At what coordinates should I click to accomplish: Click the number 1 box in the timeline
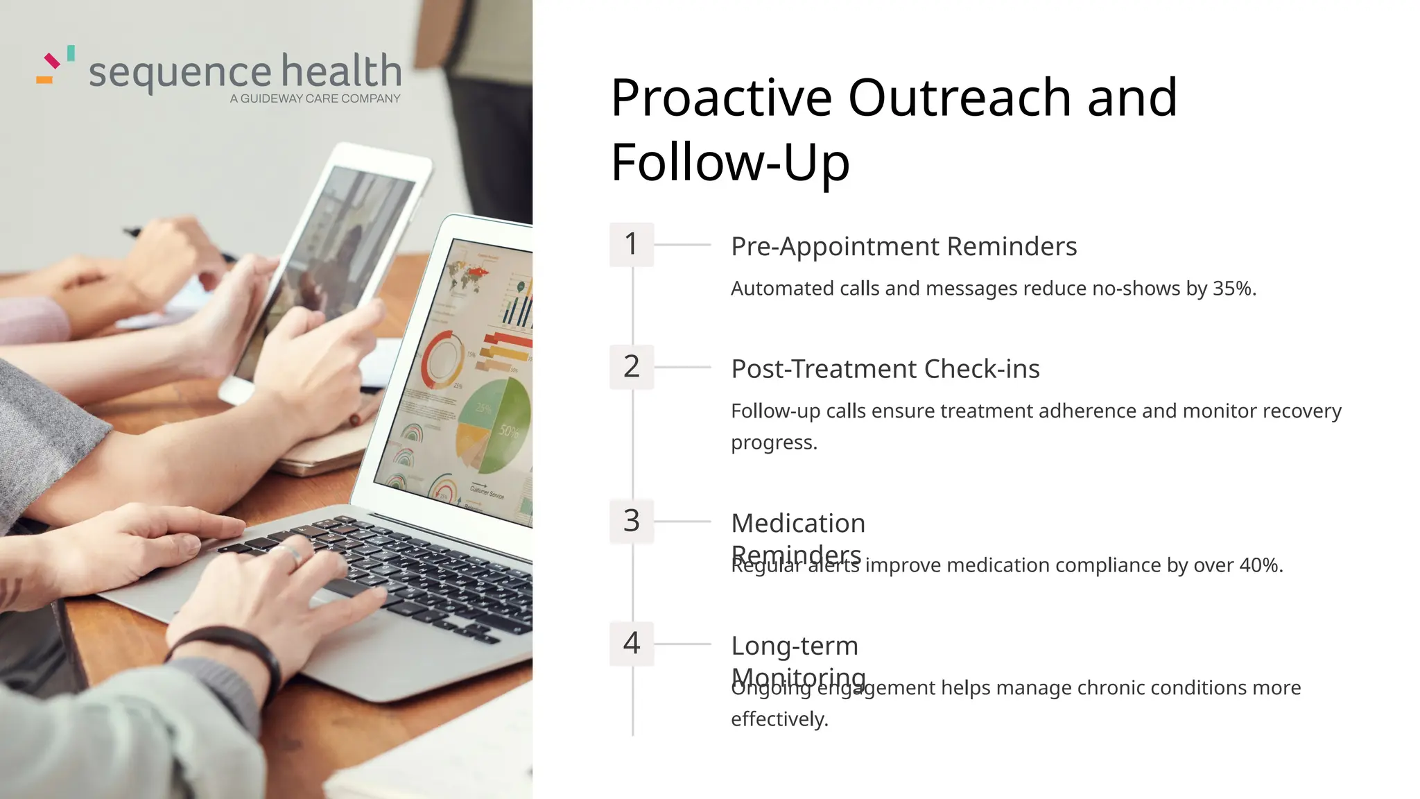(631, 244)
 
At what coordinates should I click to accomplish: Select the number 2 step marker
(631, 366)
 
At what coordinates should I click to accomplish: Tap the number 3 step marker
(631, 521)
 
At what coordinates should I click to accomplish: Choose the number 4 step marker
(631, 644)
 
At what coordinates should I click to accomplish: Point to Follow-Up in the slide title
(729, 162)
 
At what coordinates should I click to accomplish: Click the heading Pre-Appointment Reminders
(903, 246)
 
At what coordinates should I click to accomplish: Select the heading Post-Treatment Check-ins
(885, 369)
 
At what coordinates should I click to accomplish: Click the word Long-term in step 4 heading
(795, 646)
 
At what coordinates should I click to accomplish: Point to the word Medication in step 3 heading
(798, 523)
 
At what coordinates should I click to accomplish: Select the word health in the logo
(341, 71)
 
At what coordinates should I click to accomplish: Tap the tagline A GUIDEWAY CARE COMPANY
(315, 99)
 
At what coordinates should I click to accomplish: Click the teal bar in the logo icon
(71, 53)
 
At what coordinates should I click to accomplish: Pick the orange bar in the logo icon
(44, 80)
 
